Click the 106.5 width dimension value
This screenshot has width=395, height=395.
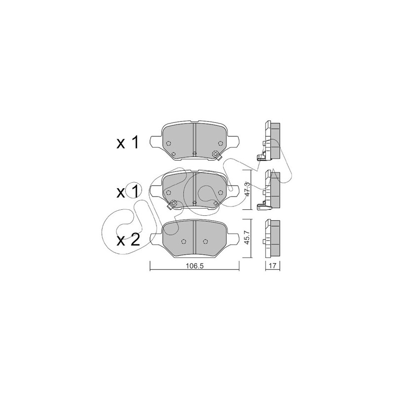[x=194, y=266]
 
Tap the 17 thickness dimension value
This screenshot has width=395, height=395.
[x=273, y=265]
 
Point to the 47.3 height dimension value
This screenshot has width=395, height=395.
[x=248, y=190]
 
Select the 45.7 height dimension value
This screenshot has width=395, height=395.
[x=247, y=238]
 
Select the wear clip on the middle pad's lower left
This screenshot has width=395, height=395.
[x=171, y=205]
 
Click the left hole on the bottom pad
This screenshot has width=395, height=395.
[x=183, y=241]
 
